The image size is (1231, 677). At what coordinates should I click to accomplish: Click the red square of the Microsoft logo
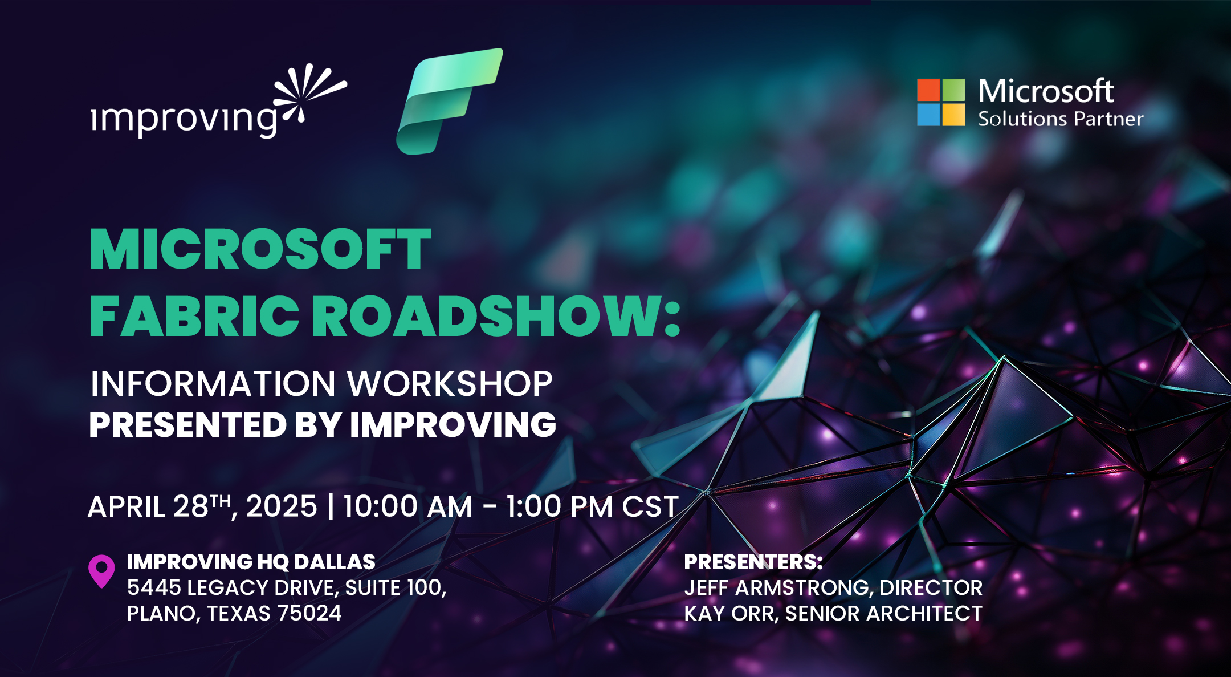pyautogui.click(x=928, y=90)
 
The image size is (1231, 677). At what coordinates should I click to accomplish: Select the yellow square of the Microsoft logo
pyautogui.click(x=953, y=115)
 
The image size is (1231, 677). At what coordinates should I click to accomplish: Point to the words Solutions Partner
pyautogui.click(x=1061, y=119)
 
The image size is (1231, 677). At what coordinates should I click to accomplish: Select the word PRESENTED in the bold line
pyautogui.click(x=187, y=424)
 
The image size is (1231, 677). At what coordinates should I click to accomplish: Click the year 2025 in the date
pyautogui.click(x=282, y=506)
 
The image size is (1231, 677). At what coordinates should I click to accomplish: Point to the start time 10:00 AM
pyautogui.click(x=407, y=506)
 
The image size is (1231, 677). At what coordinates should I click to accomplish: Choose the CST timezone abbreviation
pyautogui.click(x=650, y=506)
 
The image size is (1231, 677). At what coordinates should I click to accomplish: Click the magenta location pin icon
pyautogui.click(x=101, y=571)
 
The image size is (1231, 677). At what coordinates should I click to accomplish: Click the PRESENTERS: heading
pyautogui.click(x=753, y=562)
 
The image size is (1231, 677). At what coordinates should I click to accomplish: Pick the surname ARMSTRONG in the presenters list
pyautogui.click(x=804, y=588)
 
